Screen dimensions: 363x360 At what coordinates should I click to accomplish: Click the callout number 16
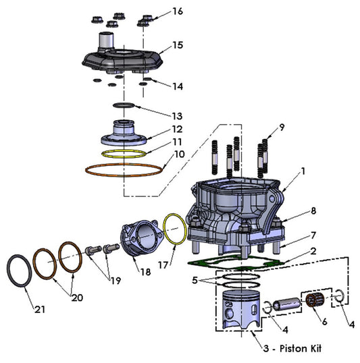point(177,11)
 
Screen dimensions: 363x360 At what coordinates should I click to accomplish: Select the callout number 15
point(178,45)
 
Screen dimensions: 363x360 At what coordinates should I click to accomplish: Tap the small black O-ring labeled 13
point(126,106)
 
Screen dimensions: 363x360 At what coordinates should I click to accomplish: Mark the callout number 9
point(282,128)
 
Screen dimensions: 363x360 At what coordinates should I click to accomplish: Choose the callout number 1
point(303,171)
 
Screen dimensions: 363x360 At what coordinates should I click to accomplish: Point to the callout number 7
point(313,235)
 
